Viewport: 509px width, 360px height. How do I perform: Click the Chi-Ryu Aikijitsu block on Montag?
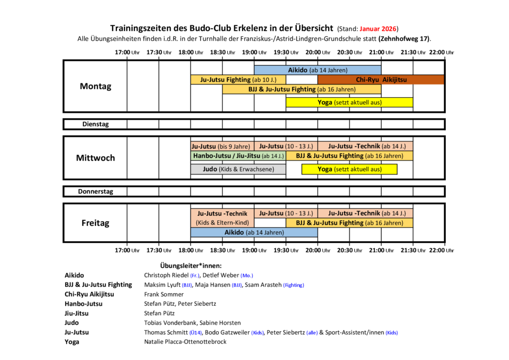click(x=381, y=80)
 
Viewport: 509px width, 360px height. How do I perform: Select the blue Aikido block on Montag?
click(x=318, y=70)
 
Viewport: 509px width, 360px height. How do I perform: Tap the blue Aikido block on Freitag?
click(x=254, y=232)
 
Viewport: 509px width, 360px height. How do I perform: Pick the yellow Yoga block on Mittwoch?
click(x=349, y=170)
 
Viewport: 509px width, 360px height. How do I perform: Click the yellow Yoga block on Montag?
click(x=349, y=102)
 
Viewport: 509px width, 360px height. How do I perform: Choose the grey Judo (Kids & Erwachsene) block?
click(x=238, y=170)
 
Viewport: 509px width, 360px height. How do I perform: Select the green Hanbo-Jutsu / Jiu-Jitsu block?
click(x=238, y=156)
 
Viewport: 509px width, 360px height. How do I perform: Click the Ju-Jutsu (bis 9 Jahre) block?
click(x=222, y=146)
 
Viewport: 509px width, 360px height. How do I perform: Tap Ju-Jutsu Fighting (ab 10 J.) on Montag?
click(x=238, y=80)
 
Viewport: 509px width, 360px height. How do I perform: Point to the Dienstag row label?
click(x=95, y=124)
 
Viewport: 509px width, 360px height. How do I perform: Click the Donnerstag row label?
click(x=95, y=191)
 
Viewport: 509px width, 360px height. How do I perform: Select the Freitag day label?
click(x=95, y=223)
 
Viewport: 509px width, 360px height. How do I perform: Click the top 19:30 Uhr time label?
click(x=286, y=52)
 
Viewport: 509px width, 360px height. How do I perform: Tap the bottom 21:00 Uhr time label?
click(x=381, y=250)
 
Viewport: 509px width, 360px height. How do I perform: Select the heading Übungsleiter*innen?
click(x=190, y=266)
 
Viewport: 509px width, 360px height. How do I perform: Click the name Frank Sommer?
click(x=164, y=294)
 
